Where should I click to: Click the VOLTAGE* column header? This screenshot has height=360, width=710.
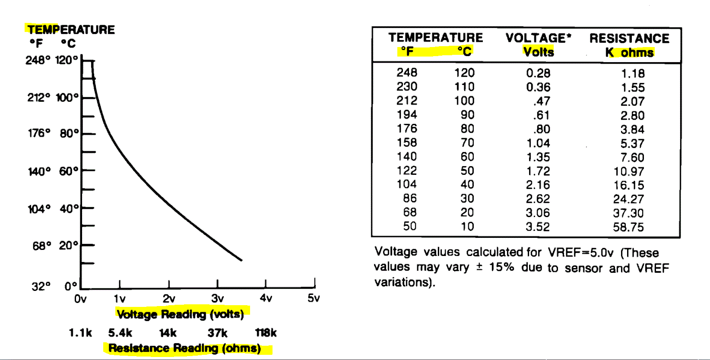538,38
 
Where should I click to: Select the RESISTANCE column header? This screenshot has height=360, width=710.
629,38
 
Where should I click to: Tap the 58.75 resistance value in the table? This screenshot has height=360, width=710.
628,227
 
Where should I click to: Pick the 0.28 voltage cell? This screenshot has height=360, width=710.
538,73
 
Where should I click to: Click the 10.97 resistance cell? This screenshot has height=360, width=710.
629,171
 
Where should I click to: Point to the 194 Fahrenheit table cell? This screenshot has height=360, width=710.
407,115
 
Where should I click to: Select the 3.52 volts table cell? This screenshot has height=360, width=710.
538,227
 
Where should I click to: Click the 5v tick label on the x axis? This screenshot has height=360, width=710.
314,298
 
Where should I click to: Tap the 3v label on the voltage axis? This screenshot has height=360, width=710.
217,298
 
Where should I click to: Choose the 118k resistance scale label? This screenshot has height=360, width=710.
266,333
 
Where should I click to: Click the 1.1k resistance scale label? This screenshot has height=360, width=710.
80,333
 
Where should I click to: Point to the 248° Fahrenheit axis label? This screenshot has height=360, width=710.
38,60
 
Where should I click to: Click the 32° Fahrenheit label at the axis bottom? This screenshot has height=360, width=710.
41,286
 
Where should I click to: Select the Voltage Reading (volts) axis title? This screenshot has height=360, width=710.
181,314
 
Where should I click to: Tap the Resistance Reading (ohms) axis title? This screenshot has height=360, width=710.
185,348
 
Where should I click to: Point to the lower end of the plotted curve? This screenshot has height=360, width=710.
241,260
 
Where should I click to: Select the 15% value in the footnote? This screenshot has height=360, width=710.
501,267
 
